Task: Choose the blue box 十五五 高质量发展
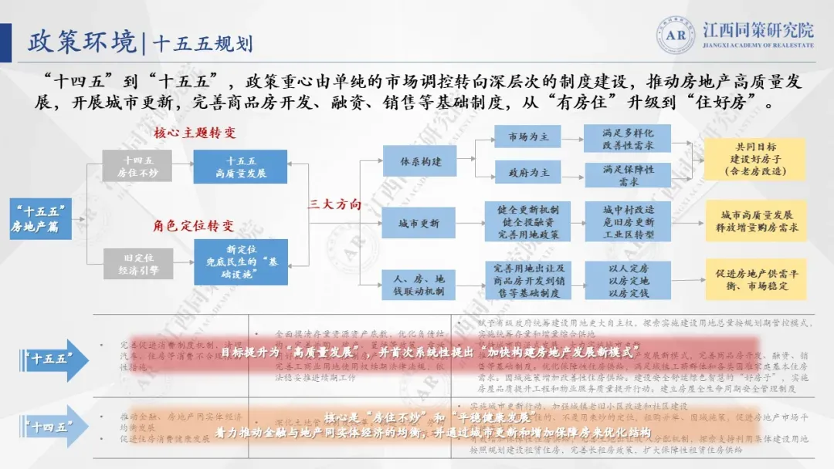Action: (x=241, y=167)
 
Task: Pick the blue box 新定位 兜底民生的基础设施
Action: (x=241, y=262)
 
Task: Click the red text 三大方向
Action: (x=335, y=204)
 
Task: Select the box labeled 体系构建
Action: (x=420, y=161)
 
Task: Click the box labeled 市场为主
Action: (x=528, y=137)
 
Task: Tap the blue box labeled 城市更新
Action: (x=420, y=224)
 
